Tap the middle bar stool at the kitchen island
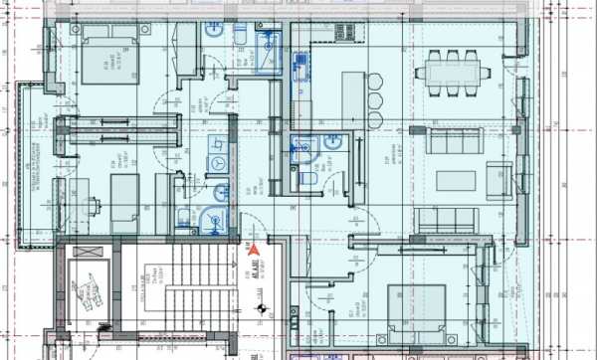(374, 101)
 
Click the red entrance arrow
(253, 251)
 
